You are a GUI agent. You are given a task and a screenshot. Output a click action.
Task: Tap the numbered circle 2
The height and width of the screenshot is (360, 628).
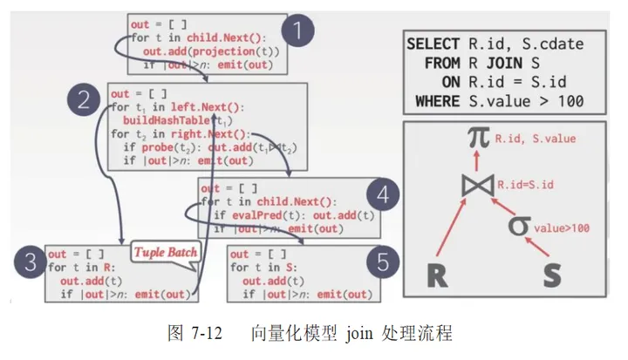[x=85, y=99]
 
